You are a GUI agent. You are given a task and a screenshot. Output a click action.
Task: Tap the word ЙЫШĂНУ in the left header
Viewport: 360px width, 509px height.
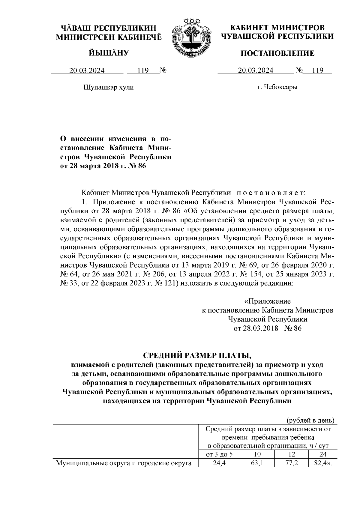[109, 53]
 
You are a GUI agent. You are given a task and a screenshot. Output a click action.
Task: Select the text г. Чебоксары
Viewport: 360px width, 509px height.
[277, 87]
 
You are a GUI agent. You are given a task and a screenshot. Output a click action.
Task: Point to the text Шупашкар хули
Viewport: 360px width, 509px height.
[108, 87]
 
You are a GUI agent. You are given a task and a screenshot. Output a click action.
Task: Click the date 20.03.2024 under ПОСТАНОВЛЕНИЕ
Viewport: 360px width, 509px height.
[256, 70]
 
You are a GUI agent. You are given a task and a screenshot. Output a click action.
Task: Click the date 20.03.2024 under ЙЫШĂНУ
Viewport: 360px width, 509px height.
[87, 70]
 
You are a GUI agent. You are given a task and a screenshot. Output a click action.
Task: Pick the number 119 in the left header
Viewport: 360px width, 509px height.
[143, 70]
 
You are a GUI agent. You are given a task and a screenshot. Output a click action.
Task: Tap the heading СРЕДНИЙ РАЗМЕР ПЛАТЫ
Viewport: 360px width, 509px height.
[197, 356]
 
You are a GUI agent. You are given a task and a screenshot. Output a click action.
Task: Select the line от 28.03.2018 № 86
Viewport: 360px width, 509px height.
[267, 328]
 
